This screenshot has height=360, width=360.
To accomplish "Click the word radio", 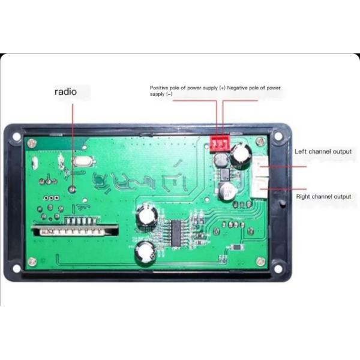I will [66, 92].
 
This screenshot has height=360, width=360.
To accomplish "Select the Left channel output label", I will [323, 151].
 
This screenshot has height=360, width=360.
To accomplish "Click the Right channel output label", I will [323, 197].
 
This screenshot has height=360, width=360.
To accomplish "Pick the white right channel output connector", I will [262, 188].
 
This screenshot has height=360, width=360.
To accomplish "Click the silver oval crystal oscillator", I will [79, 161].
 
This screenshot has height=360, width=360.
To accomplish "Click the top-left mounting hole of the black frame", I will [16, 136].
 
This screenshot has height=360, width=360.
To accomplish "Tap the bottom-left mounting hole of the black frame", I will [17, 268].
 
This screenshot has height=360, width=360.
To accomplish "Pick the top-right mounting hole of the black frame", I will [278, 136].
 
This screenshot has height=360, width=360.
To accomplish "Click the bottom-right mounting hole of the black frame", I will [278, 268].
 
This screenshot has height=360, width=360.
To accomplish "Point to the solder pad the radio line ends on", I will [73, 189].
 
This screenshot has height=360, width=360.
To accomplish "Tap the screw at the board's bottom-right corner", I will [260, 261].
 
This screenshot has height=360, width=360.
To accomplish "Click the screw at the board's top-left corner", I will [32, 143].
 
